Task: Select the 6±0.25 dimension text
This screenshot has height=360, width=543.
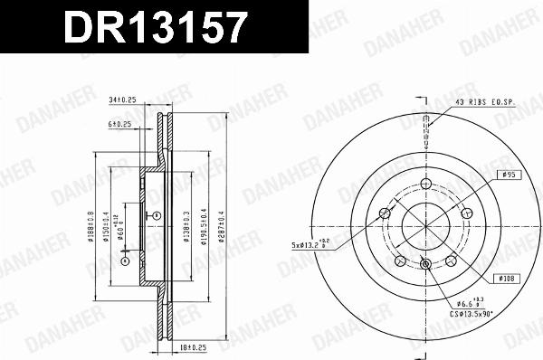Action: click(x=119, y=125)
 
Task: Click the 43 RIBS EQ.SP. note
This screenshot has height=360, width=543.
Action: click(x=484, y=102)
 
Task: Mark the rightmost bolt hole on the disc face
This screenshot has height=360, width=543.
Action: click(x=467, y=213)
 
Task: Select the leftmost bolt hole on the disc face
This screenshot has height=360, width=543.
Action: click(x=385, y=213)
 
